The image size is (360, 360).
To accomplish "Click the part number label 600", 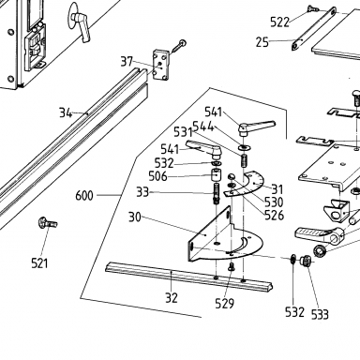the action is tap(84, 196).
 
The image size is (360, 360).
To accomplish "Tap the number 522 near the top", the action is tap(279, 22).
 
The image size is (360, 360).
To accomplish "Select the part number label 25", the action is tap(262, 42).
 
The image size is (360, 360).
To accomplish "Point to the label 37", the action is tap(127, 62).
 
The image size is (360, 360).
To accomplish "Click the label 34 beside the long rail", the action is tap(66, 112).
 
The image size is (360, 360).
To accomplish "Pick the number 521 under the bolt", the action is tap(39, 263).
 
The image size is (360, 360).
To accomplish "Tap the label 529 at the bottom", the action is tap(224, 303).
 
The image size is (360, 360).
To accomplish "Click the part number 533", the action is tap(320, 314).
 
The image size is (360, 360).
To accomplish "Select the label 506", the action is tap(157, 176).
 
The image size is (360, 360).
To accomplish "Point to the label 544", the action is tap(202, 127).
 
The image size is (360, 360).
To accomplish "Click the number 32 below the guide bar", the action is tap(172, 298).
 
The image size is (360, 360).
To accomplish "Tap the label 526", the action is tap(274, 216).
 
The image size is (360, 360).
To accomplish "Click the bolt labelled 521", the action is tap(48, 223).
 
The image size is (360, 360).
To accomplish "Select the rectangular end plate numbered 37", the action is tap(161, 65).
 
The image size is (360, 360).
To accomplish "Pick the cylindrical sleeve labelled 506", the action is tap(216, 174).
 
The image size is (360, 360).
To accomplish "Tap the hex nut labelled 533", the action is tap(305, 261).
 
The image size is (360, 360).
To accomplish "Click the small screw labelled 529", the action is tap(232, 266).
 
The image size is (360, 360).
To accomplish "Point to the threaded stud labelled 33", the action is tap(217, 194).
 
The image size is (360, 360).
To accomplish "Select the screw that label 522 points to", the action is tap(311, 8).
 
